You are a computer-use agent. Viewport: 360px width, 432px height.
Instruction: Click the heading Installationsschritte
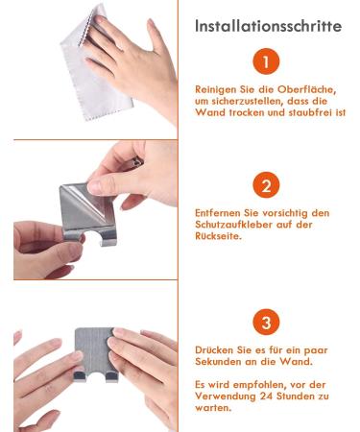[x=268, y=26]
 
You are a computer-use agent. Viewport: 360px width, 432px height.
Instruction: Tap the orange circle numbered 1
[x=266, y=61]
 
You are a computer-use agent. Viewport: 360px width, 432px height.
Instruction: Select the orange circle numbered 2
[x=266, y=185]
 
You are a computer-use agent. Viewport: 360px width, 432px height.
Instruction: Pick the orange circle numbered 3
[x=266, y=322]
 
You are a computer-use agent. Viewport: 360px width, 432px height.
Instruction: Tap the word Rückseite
[x=218, y=236]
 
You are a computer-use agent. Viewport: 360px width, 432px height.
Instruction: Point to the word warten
[x=213, y=408]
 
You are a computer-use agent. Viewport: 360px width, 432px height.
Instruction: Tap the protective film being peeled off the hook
[x=86, y=202]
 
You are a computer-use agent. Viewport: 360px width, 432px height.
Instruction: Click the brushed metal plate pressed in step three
[x=95, y=353]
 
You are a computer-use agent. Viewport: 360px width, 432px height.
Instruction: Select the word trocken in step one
[x=250, y=112]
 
